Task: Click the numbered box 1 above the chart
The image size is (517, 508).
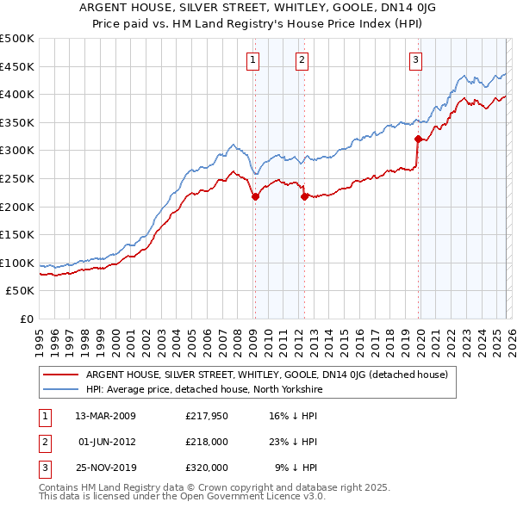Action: click(x=253, y=59)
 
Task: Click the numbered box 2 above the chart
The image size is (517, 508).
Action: click(x=302, y=59)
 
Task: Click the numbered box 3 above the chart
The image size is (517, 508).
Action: click(x=415, y=59)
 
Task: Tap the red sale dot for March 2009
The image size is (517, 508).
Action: click(x=255, y=196)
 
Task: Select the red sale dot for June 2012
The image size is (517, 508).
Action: click(x=304, y=196)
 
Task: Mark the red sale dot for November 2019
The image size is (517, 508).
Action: click(x=418, y=139)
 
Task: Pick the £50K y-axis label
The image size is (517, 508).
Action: click(x=21, y=290)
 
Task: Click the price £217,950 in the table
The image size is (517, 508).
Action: click(x=207, y=416)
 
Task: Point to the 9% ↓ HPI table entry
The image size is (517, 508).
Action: click(x=296, y=468)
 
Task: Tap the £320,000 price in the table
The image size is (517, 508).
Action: click(x=207, y=468)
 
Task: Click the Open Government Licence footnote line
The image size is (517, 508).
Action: click(x=183, y=497)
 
